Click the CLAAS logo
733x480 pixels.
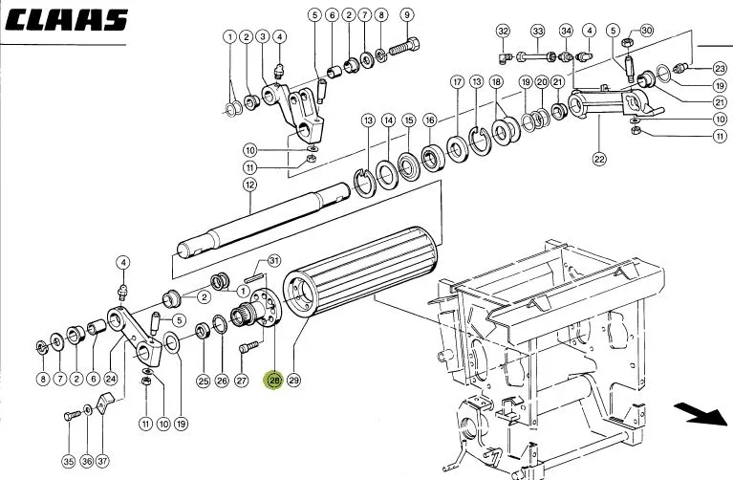coord(66,20)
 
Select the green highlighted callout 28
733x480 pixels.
coord(274,381)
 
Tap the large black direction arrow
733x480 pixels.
coord(701,415)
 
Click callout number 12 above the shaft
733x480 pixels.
coord(250,185)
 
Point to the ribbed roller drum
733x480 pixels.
coord(361,272)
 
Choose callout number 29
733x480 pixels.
coord(293,381)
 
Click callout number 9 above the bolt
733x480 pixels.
coord(407,15)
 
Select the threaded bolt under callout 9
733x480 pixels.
coord(404,47)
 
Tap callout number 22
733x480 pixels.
coord(599,159)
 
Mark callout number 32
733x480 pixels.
coord(503,32)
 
